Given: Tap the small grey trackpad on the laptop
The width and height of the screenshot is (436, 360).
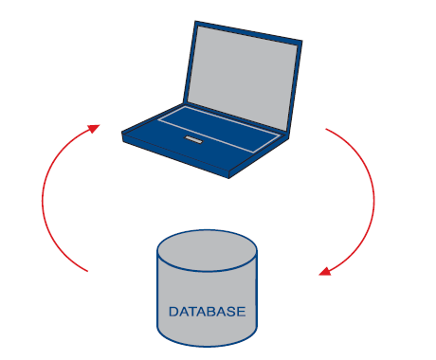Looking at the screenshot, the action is tap(193, 139).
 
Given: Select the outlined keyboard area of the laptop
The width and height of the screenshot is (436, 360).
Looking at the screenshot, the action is tap(219, 130).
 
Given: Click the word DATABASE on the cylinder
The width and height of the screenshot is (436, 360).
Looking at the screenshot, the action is tap(207, 312).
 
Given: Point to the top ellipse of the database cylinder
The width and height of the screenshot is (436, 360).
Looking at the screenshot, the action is tap(207, 250).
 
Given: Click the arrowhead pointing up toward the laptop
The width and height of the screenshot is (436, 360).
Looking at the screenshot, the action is tap(94, 129).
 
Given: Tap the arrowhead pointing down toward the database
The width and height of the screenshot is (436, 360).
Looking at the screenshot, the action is tap(325, 271).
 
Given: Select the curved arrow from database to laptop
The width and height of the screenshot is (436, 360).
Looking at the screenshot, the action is tap(43, 198).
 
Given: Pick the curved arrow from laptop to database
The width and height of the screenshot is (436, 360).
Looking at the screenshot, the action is tap(374, 199).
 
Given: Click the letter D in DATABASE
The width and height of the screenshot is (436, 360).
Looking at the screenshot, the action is tap(173, 312).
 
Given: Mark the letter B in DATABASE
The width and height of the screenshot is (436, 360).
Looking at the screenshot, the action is tap(210, 312).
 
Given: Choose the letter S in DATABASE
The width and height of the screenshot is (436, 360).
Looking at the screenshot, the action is tap(230, 312).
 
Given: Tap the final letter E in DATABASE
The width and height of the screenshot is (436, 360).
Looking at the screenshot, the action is tap(241, 312).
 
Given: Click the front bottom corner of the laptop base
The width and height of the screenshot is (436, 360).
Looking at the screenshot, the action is tap(228, 178).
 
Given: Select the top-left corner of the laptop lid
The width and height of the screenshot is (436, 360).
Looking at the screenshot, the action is tap(195, 21).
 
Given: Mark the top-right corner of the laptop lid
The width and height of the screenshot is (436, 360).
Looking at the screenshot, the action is tap(302, 41).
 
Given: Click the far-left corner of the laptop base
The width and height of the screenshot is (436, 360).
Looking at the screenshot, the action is tap(122, 133).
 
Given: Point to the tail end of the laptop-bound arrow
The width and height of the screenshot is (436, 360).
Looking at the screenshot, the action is tap(87, 271).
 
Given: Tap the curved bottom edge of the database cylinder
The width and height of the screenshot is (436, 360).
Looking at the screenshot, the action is tap(207, 346).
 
